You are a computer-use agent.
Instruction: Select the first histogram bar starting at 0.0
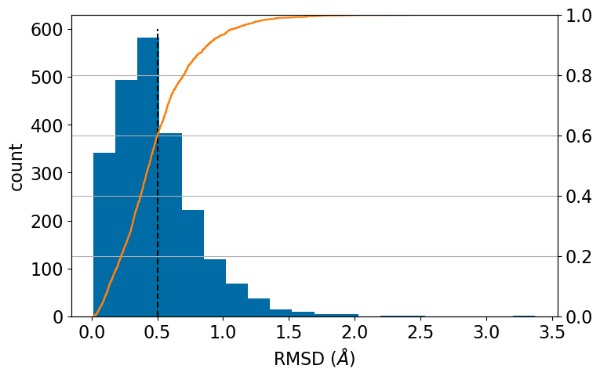104,235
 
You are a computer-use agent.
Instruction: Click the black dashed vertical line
158,235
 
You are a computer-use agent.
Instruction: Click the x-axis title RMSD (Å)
315,359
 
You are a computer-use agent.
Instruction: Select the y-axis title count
17,166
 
